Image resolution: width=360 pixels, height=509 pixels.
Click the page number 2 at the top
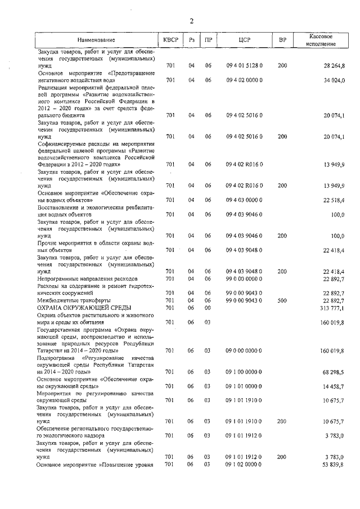coord(191,21)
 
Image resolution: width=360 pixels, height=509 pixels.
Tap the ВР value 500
coord(282,300)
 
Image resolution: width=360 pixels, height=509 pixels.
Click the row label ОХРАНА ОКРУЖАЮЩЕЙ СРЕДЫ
coord(84,308)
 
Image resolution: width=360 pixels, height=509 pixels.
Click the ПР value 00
coord(208,308)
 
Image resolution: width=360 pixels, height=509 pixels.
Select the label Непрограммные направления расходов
coord(87,279)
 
